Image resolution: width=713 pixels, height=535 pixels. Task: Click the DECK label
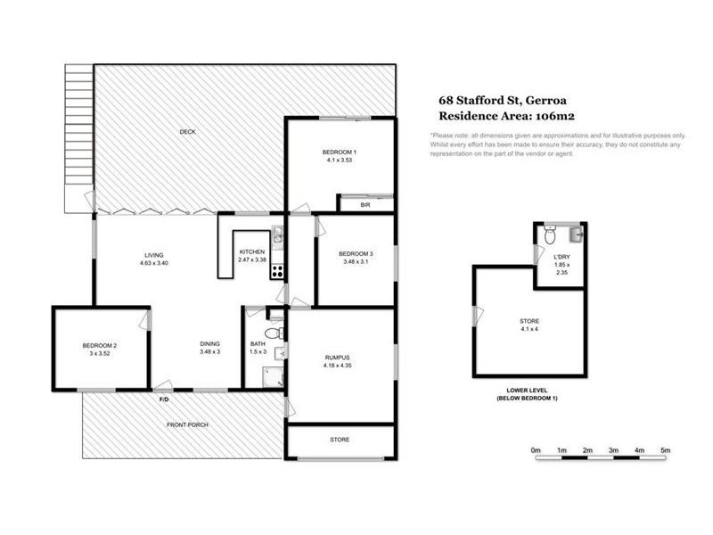point(186,132)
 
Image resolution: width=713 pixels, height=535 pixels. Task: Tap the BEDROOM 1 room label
point(339,153)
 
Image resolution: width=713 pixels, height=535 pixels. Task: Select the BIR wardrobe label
point(365,205)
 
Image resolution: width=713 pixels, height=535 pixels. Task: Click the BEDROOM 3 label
point(355,254)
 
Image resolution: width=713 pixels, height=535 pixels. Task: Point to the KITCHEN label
point(251,254)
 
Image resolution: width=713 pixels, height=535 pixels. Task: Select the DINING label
point(209,344)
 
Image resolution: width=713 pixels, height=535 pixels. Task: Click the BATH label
point(258,344)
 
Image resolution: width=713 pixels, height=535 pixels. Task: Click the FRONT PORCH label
point(187,425)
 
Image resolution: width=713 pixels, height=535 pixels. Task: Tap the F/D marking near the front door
point(163,399)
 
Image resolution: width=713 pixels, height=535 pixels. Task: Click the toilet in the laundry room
point(551,236)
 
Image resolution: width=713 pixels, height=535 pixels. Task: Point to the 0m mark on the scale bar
point(535,452)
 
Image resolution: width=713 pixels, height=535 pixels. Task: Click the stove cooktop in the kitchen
point(277,271)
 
